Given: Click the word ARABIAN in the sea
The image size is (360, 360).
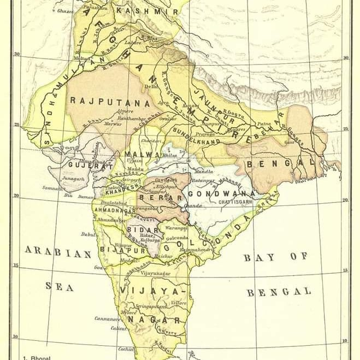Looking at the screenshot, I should pyautogui.click(x=57, y=253).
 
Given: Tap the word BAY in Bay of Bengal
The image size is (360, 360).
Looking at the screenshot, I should pyautogui.click(x=255, y=257).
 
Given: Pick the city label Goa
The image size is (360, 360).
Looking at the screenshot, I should pyautogui.click(x=98, y=268).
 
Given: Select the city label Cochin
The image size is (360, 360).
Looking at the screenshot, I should pyautogui.click(x=126, y=349).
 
